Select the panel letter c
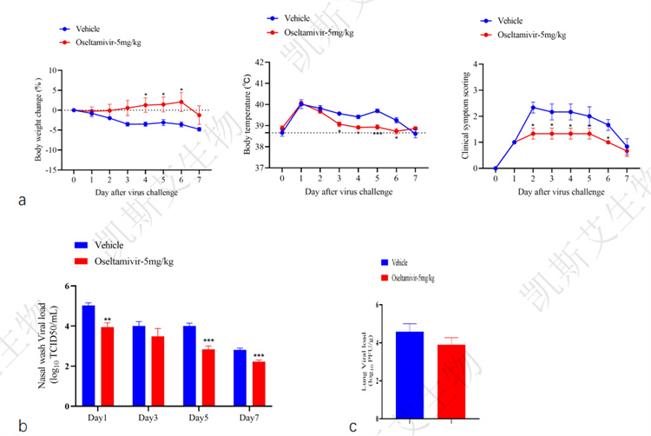pyautogui.click(x=353, y=426)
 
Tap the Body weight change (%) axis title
pyautogui.click(x=37, y=119)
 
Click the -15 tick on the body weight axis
pyautogui.click(x=53, y=169)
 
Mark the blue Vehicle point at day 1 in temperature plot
pyautogui.click(x=301, y=104)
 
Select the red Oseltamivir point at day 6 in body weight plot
pyautogui.click(x=181, y=102)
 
